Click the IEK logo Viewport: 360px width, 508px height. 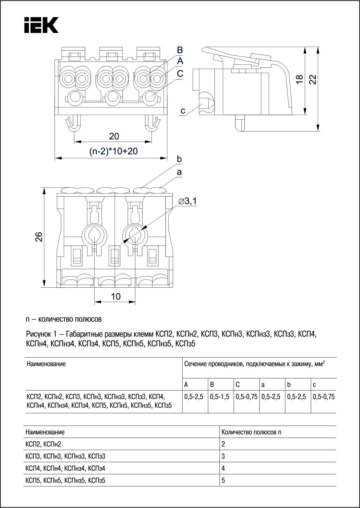(x=41, y=25)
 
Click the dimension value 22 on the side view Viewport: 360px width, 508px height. (x=313, y=79)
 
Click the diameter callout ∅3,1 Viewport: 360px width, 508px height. (x=187, y=201)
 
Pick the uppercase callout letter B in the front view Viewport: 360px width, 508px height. (x=180, y=50)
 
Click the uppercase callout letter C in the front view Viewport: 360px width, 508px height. (x=180, y=74)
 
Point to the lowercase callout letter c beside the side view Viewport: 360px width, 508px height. (x=183, y=111)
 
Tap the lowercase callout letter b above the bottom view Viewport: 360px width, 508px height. (x=179, y=159)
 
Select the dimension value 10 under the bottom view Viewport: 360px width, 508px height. (x=116, y=296)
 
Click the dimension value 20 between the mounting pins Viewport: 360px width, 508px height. (x=114, y=136)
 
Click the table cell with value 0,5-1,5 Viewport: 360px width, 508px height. (x=219, y=397)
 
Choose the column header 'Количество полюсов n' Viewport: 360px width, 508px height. (x=251, y=432)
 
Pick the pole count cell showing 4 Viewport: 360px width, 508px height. (x=223, y=468)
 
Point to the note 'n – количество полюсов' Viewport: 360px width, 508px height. (x=64, y=319)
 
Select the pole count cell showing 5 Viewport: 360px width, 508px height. (x=223, y=480)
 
